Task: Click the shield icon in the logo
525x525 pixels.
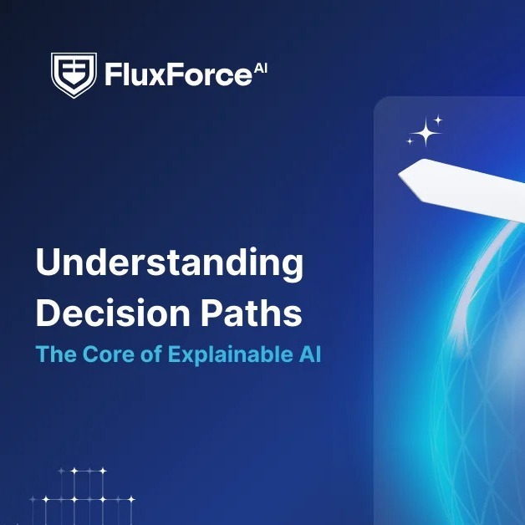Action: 74,75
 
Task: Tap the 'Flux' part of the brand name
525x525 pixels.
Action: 132,76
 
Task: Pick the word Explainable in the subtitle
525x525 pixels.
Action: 228,354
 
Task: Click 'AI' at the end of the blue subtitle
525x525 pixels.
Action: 308,354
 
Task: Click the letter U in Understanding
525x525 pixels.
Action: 48,265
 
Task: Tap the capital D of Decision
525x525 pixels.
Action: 49,313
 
